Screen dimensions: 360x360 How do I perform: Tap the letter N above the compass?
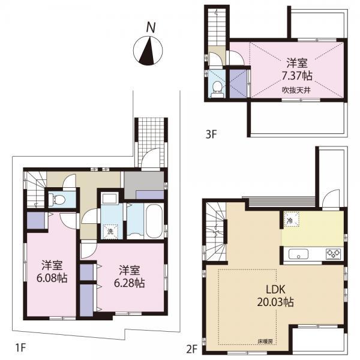[x=152, y=27]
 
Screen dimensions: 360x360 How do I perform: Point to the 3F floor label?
[x=210, y=134]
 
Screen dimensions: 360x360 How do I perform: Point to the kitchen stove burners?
[x=334, y=254]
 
